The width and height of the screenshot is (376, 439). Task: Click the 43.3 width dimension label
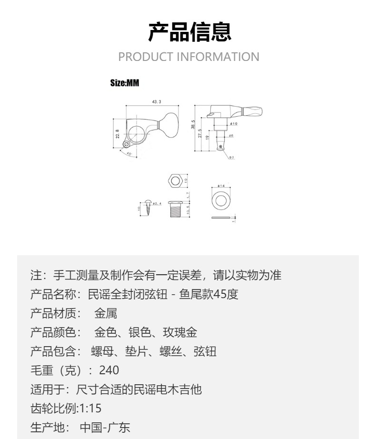pyautogui.click(x=157, y=102)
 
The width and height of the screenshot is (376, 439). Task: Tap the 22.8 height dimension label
pyautogui.click(x=118, y=134)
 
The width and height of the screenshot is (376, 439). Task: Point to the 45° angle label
pyautogui.click(x=129, y=154)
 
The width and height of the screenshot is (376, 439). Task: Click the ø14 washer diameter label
pyautogui.click(x=221, y=186)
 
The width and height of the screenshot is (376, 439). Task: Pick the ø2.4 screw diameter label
pyautogui.click(x=157, y=203)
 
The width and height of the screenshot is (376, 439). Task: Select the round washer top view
pyautogui.click(x=221, y=200)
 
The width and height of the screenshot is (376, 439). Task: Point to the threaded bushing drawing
pyautogui.click(x=176, y=209)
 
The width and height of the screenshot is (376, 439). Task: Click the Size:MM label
pyautogui.click(x=124, y=83)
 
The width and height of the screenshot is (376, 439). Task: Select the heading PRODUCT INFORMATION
pyautogui.click(x=188, y=57)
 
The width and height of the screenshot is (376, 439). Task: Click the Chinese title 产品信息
pyautogui.click(x=189, y=32)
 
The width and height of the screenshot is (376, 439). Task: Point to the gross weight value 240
pyautogui.click(x=109, y=370)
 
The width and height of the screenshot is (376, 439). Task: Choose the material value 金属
pyautogui.click(x=106, y=313)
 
